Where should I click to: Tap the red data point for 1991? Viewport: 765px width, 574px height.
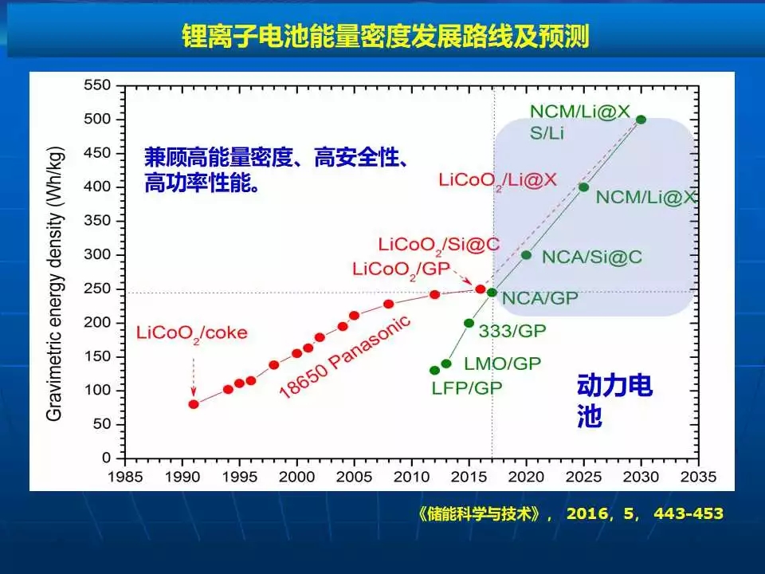[194, 404]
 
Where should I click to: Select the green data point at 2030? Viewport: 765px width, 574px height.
[641, 120]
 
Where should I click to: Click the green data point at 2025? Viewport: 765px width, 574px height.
[583, 187]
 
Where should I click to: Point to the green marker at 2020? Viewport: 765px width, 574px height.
[526, 255]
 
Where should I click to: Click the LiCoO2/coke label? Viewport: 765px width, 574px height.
[192, 332]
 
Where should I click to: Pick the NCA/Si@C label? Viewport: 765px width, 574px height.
[591, 257]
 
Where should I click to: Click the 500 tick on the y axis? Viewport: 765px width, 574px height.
[102, 120]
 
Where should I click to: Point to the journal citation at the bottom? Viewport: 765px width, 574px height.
[570, 514]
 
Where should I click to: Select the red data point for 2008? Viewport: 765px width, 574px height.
[389, 304]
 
